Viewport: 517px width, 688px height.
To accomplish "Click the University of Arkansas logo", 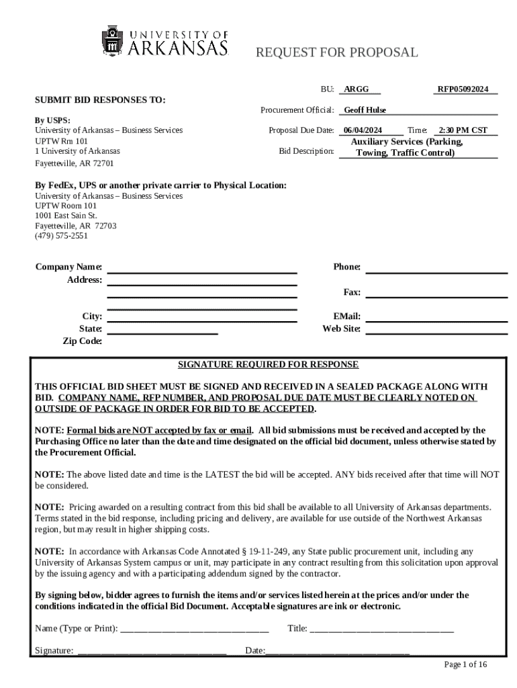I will pos(165,41).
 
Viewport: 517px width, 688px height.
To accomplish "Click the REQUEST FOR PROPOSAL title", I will pos(336,52).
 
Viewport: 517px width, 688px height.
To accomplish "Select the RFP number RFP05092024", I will pos(463,89).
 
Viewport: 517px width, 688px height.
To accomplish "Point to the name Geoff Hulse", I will pos(365,110).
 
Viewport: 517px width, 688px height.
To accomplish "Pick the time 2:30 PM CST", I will pos(463,130).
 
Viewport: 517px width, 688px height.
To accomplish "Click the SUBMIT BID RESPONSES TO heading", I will pos(100,100).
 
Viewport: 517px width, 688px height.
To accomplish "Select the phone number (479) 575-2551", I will pos(61,236).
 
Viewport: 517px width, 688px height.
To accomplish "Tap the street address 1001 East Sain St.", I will pos(66,216).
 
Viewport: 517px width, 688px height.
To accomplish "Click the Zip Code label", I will pos(82,341).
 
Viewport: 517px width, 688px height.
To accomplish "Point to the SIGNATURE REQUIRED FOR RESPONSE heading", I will pos(268,365).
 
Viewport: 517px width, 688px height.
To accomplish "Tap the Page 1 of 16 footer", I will pos(465,664).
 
